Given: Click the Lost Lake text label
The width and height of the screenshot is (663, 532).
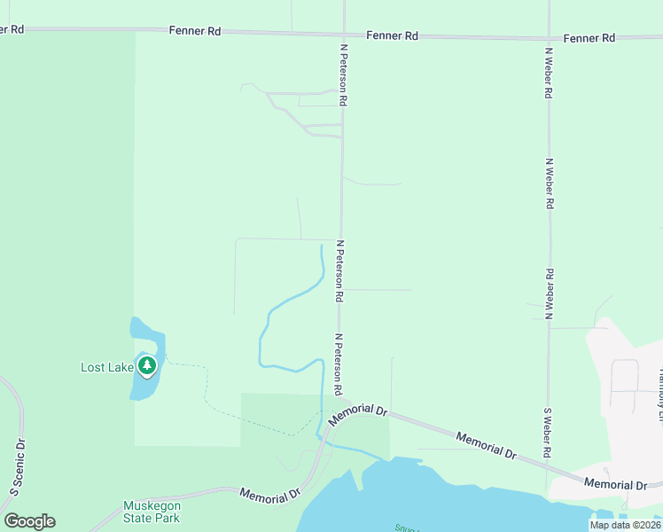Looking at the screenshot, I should [106, 367].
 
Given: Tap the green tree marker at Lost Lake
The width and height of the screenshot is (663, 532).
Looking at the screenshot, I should [147, 365].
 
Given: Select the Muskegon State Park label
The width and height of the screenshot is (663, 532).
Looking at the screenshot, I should [152, 512].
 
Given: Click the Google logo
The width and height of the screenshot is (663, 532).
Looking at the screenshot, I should [29, 521].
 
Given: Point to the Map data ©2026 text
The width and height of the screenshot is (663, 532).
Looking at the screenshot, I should [625, 525].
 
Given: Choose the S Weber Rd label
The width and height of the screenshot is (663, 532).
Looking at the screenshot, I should [548, 433].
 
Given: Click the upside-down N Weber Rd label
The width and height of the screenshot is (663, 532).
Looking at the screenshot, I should [550, 294].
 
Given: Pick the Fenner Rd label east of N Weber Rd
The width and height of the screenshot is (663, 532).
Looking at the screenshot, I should [589, 38].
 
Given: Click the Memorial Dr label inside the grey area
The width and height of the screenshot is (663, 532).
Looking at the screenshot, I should [615, 484].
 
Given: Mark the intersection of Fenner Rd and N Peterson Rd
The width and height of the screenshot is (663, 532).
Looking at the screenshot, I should [343, 35].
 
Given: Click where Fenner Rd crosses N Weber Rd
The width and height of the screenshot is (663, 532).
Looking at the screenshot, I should [550, 38].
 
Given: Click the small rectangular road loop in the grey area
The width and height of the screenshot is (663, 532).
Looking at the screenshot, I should [625, 376].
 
